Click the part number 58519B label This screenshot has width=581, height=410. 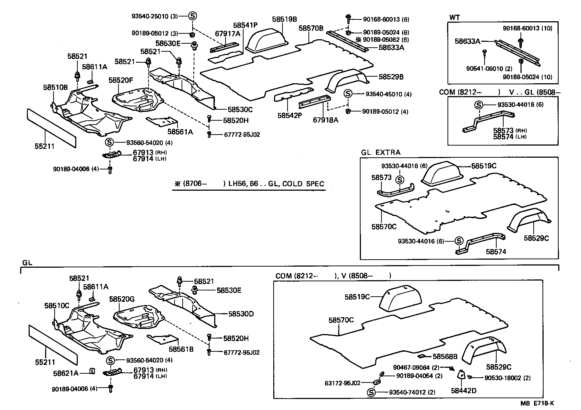coord(285,19)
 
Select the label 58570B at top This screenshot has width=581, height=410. coord(311,28)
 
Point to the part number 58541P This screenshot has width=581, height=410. coord(245,25)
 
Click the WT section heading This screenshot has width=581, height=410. coord(454,18)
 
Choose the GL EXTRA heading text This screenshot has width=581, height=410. coord(380,153)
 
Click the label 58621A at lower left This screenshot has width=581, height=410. coord(66,373)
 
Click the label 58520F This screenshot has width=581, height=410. coord(121,80)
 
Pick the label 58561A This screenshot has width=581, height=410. coord(180,132)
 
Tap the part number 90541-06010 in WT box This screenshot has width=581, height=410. coord(485,69)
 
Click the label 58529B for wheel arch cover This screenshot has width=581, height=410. coord(391,77)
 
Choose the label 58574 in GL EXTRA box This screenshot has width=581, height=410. coord(496,252)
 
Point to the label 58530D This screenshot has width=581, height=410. coord(241,314)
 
